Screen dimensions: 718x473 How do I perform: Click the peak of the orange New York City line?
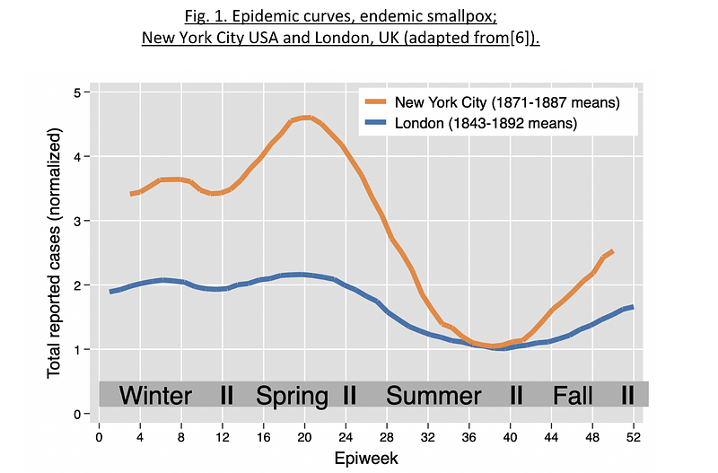(305, 118)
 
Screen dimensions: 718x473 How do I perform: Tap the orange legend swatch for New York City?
(375, 101)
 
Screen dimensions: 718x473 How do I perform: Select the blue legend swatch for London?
(375, 123)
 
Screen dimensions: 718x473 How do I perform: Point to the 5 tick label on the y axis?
(76, 92)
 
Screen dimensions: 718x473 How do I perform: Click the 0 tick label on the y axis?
(76, 415)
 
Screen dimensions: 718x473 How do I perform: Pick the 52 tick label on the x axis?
(634, 438)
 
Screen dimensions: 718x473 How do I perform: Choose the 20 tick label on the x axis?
(304, 438)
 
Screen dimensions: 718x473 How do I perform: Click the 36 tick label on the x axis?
(468, 438)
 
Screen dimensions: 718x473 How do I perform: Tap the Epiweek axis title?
(366, 459)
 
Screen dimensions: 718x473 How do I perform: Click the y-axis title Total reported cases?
(54, 253)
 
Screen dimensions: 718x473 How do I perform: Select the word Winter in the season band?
(155, 395)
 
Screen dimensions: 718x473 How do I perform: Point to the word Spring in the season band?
(292, 396)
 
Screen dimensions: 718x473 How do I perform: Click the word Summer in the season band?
(433, 395)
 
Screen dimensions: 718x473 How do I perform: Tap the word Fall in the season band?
(573, 395)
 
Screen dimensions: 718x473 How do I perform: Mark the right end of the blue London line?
(633, 307)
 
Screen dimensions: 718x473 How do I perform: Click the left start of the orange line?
(132, 194)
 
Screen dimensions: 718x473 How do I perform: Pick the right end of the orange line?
(612, 251)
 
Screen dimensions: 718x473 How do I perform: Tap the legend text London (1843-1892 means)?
(486, 123)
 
